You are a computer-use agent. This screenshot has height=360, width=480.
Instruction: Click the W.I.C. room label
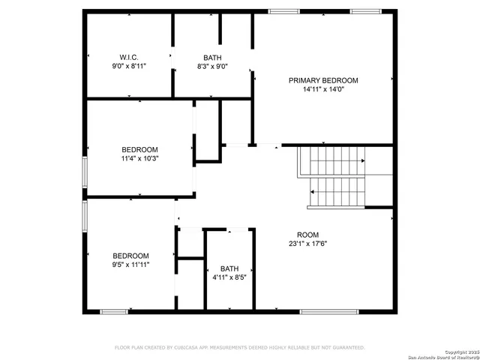pyautogui.click(x=129, y=58)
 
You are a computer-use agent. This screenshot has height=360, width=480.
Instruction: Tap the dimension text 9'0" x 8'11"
pyautogui.click(x=129, y=67)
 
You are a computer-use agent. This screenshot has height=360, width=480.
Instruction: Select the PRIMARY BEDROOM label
pyautogui.click(x=323, y=80)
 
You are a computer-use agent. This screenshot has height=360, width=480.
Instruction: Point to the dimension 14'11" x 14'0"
pyautogui.click(x=323, y=89)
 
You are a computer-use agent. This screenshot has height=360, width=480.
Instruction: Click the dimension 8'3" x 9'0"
pyautogui.click(x=212, y=67)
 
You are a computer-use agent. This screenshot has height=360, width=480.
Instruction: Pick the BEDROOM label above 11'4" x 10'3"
pyautogui.click(x=140, y=149)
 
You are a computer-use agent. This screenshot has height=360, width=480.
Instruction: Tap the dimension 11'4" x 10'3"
pyautogui.click(x=140, y=158)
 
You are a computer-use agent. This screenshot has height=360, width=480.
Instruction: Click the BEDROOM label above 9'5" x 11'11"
pyautogui.click(x=130, y=256)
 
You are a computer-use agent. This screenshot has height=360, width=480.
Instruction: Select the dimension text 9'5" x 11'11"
pyautogui.click(x=130, y=265)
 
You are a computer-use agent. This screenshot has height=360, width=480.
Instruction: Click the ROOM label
pyautogui.click(x=307, y=234)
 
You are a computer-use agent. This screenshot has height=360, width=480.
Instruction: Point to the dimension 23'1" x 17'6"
pyautogui.click(x=307, y=243)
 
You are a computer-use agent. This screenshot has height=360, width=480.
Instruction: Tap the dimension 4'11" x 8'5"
pyautogui.click(x=229, y=277)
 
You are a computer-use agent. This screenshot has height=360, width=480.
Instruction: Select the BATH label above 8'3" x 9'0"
pyautogui.click(x=212, y=58)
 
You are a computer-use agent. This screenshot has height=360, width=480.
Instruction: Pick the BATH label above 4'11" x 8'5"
pyautogui.click(x=229, y=268)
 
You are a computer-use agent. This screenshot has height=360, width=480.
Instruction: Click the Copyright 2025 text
pyautogui.click(x=459, y=351)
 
